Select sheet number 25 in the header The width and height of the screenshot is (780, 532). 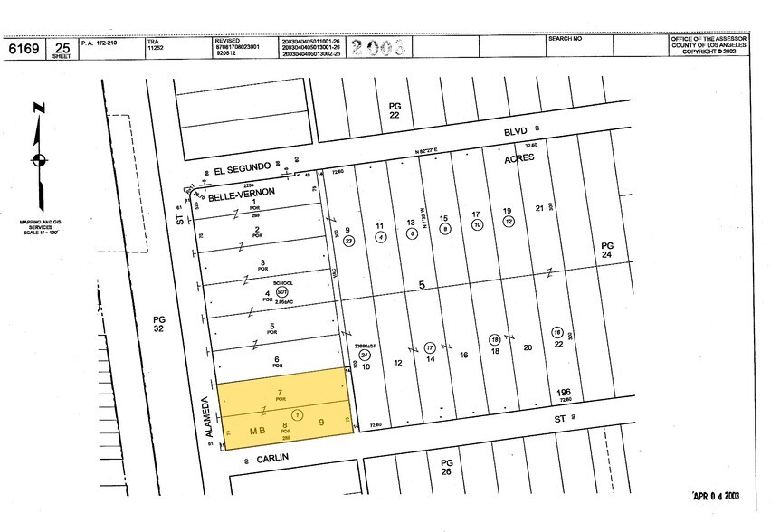click(x=62, y=46)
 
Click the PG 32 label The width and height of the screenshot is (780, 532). click(x=159, y=324)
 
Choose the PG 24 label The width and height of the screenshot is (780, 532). click(x=607, y=251)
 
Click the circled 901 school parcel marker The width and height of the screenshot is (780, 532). click(x=282, y=292)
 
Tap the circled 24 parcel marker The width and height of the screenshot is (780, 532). click(x=364, y=355)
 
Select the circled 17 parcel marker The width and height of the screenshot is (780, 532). click(x=430, y=347)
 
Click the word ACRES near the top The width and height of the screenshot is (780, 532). click(x=519, y=157)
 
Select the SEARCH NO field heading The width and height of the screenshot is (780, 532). click(x=566, y=40)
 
